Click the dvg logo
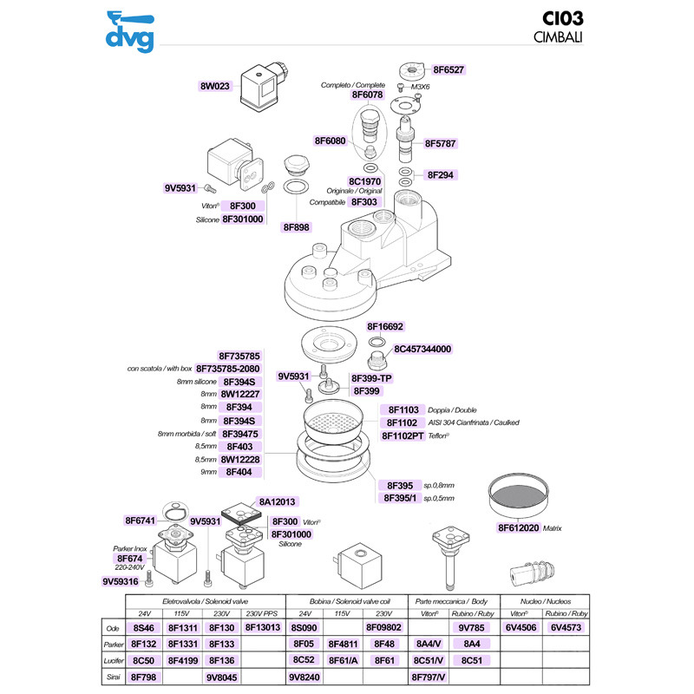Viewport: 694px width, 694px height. click(128, 30)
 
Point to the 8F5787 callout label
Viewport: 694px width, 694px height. click(441, 143)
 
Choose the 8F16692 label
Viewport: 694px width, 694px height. click(385, 327)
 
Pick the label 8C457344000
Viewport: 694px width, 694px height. click(423, 349)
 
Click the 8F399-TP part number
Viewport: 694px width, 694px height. click(373, 379)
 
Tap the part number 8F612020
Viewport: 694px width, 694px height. click(518, 527)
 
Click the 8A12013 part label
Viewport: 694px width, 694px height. click(278, 501)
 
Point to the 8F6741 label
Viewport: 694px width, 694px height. click(140, 520)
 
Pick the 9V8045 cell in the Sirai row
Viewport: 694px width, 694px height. click(222, 676)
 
